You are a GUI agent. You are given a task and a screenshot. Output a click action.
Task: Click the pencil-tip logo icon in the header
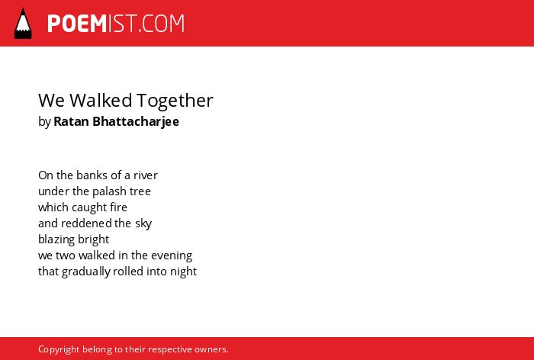(23, 23)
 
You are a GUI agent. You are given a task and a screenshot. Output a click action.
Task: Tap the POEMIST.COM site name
(116, 24)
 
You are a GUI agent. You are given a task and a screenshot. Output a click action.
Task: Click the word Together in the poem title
(175, 101)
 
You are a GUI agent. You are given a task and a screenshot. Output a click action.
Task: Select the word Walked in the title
(101, 100)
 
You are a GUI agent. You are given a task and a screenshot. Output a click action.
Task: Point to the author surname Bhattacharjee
(136, 121)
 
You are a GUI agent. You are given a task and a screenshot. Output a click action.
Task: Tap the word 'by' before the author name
(44, 122)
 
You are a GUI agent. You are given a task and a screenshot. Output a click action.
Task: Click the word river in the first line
(146, 175)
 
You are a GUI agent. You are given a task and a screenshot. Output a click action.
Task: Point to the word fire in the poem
(118, 207)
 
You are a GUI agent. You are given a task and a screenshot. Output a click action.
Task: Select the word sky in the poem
(143, 224)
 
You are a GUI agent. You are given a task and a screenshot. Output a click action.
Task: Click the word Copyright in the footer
(59, 350)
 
